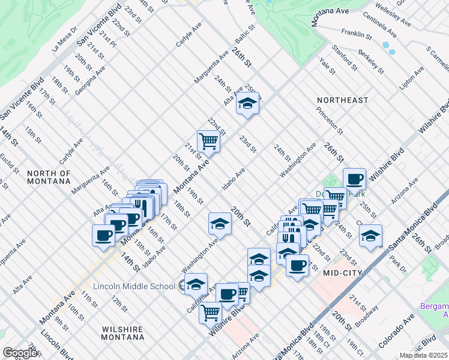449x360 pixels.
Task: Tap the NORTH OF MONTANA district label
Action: [49, 178]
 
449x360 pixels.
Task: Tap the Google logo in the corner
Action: [20, 353]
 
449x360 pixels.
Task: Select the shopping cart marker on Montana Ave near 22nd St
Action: [208, 142]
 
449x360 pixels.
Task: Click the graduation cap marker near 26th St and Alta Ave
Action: [247, 104]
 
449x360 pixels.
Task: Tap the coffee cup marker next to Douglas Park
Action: [354, 178]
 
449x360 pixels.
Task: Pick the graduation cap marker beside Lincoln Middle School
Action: [196, 284]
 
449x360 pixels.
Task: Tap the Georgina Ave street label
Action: [90, 81]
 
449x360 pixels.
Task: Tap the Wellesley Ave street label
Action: [393, 15]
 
